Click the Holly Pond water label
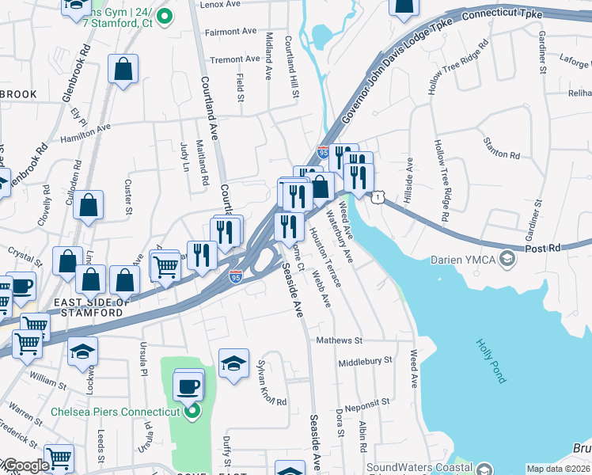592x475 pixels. coord(491,361)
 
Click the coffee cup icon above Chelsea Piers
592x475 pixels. coord(188,386)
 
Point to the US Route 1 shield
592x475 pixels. coord(381,196)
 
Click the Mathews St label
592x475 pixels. coord(339,340)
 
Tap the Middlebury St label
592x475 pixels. coord(365,360)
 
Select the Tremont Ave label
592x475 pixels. coord(234,59)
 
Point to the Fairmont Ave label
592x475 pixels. coord(230,32)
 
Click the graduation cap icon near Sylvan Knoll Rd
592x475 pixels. coord(233,363)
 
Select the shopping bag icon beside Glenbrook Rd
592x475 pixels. coord(123,70)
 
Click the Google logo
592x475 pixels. coord(25,466)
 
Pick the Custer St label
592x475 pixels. coord(127,197)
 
